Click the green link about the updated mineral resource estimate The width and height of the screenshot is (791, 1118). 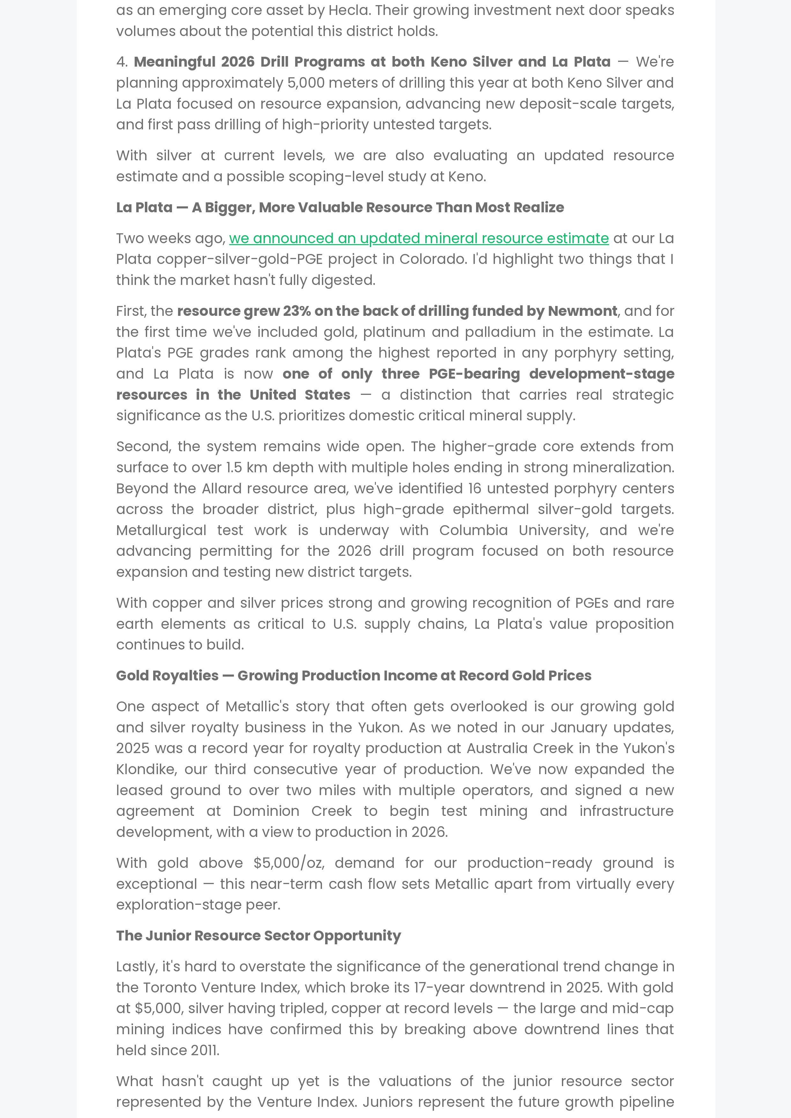(419, 238)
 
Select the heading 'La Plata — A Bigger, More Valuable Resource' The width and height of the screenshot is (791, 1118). (340, 207)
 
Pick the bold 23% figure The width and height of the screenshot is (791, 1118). (297, 311)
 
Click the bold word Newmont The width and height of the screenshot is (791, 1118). (582, 311)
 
